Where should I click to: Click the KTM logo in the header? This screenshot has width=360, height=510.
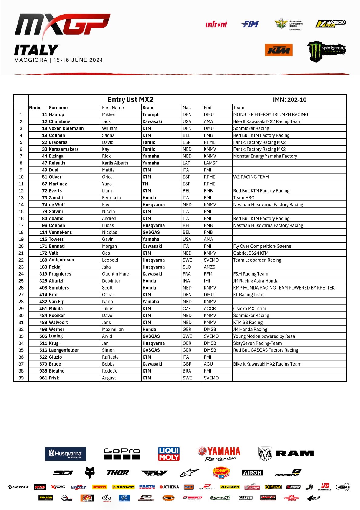(x=279, y=50)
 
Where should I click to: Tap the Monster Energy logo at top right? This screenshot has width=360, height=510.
(x=326, y=51)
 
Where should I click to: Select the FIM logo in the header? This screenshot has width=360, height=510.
(x=250, y=24)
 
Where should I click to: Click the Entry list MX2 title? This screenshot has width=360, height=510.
(x=130, y=100)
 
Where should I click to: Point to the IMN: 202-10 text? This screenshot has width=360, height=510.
(x=289, y=100)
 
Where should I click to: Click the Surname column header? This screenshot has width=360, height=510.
(x=58, y=108)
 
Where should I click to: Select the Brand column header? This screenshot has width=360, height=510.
(x=148, y=108)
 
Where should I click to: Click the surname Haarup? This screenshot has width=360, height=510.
(x=57, y=114)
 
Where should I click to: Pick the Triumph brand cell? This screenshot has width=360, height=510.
(x=151, y=114)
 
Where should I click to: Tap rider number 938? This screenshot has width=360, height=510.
(x=43, y=371)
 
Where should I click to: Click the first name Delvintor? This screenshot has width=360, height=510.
(x=111, y=281)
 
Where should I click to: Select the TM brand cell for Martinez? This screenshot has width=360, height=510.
(x=145, y=184)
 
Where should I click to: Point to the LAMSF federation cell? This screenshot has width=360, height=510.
(x=211, y=163)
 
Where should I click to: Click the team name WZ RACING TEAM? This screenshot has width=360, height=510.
(x=251, y=177)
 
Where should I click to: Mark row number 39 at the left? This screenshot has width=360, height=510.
(x=21, y=378)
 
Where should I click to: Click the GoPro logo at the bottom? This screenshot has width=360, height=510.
(x=122, y=454)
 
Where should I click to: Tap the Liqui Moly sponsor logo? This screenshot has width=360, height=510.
(x=169, y=454)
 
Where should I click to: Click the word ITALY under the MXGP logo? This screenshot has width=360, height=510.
(x=36, y=50)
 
